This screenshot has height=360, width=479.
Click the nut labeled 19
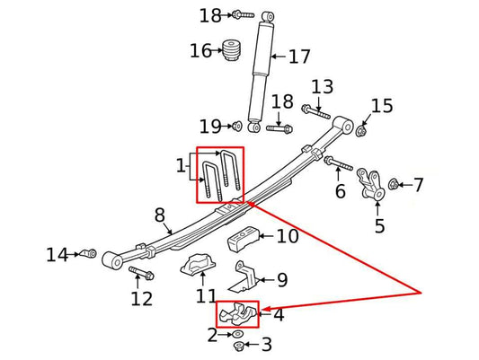tap(235, 125)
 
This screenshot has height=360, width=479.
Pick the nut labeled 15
tap(361, 131)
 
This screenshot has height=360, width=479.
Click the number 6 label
tap(340, 191)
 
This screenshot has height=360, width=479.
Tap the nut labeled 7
tap(395, 185)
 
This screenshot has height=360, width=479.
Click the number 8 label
tap(159, 215)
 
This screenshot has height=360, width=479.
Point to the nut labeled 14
tap(89, 254)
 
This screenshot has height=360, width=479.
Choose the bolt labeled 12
tap(141, 272)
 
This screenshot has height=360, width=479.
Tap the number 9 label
tap(281, 280)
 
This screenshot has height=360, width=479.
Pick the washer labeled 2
tap(236, 335)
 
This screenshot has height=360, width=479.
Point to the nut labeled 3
tap(238, 347)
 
